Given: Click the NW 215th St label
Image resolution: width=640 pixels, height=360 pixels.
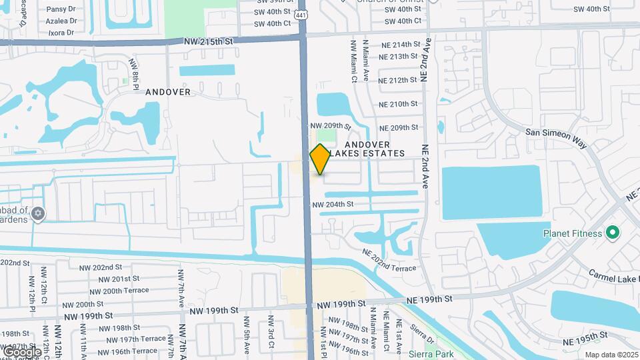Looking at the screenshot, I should pos(209,41).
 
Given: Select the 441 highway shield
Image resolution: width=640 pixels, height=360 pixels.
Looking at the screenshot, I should pos(302,15).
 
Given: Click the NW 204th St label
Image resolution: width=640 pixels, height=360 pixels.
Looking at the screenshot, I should pos(332,204).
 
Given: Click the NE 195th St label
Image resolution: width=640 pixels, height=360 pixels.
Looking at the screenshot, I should pos(587,341).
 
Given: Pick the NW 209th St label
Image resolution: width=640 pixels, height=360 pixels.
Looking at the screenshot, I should pos(330,125).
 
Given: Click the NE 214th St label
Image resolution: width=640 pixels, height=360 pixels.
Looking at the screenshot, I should pos(400,44).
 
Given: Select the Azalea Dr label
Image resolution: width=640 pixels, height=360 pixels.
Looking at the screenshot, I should pos(61,21).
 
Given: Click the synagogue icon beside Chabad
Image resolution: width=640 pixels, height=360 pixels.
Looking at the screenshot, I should pos(38,213).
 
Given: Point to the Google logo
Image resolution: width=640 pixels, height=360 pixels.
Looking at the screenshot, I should pos(22,351).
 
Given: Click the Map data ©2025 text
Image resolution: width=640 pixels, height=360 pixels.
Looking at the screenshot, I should pos(611,355).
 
